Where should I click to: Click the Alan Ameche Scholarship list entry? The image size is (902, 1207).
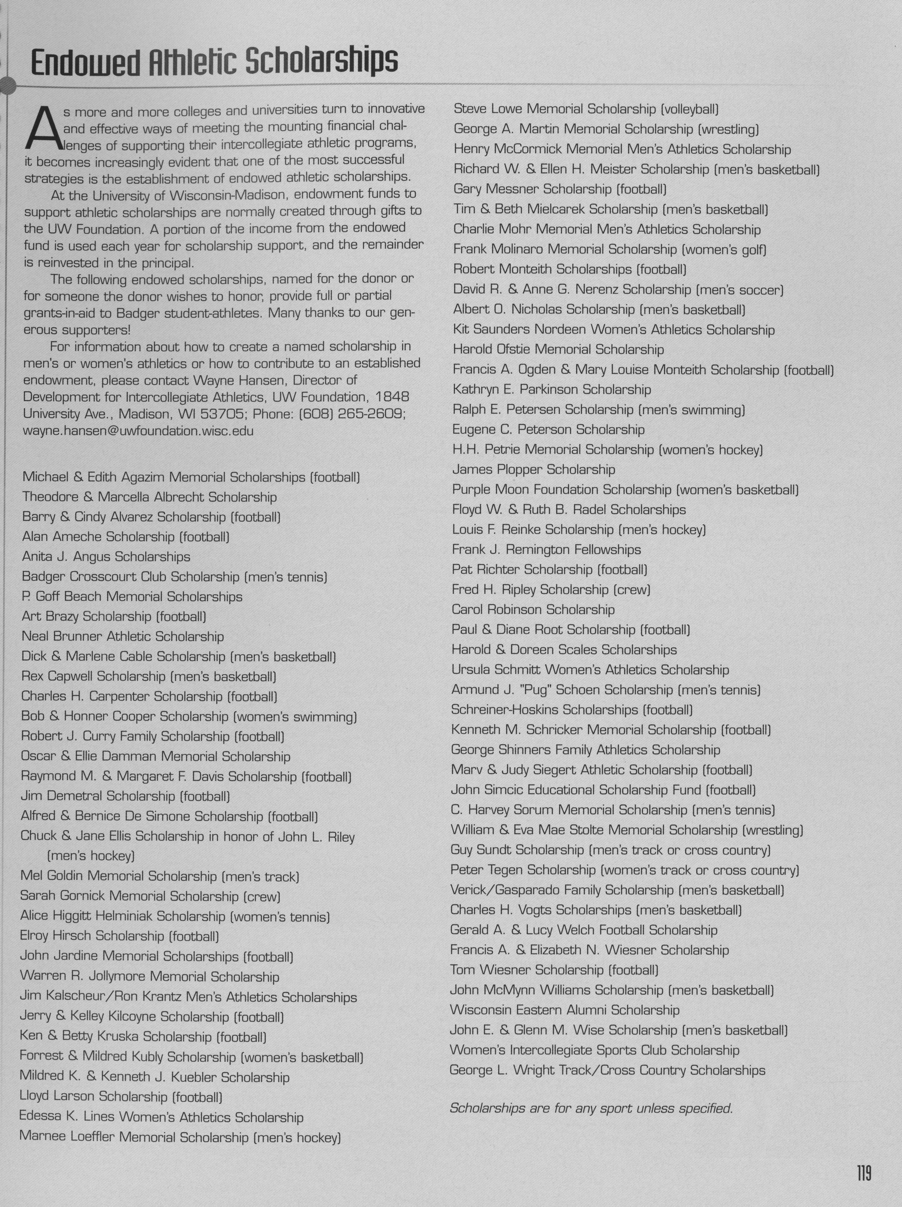tap(126, 537)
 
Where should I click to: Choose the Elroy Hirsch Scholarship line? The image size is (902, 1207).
tap(119, 936)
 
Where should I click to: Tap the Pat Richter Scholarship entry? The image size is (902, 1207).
tap(549, 570)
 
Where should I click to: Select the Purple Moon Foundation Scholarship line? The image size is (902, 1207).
tap(625, 490)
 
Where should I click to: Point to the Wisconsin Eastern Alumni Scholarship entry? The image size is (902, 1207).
tap(565, 1010)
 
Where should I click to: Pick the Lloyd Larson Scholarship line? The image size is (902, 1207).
tap(120, 1096)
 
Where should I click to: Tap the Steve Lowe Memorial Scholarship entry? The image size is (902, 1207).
tap(586, 109)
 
